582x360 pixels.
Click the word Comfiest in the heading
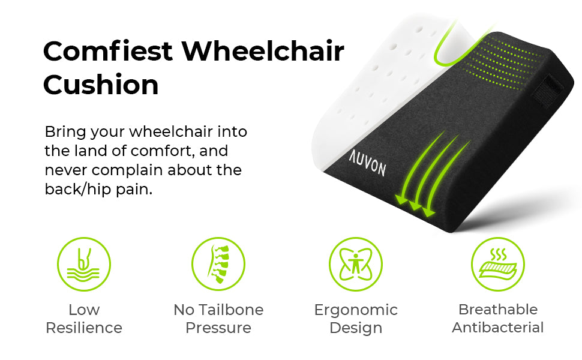107,51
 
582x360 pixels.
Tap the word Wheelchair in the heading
263,51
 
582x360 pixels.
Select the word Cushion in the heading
101,84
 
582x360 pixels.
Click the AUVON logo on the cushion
367,163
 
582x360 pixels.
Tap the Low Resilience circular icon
84,264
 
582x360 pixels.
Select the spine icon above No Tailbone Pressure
218,264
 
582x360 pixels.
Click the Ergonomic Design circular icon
356,264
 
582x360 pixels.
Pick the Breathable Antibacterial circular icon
498,264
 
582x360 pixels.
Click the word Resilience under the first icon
84,328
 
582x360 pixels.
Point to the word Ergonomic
356,310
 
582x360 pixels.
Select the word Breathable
498,309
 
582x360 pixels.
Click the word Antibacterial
498,328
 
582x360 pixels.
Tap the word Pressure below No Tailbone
218,328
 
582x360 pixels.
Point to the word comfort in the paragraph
163,151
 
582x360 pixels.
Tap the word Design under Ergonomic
356,328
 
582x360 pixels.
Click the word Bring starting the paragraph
65,132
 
